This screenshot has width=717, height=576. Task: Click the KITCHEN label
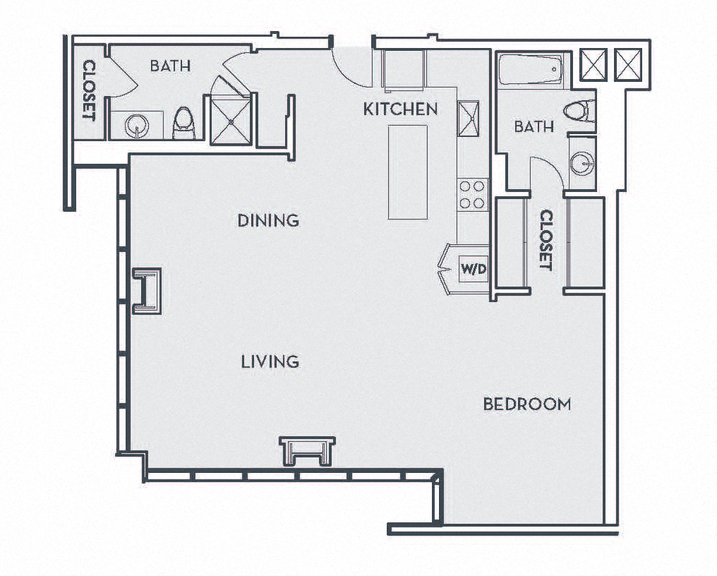pos(400,109)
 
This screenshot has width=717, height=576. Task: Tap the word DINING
pos(268,220)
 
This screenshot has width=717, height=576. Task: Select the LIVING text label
pos(270,362)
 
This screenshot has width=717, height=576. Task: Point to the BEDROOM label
pos(527,404)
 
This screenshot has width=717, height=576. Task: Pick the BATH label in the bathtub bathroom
pos(534,127)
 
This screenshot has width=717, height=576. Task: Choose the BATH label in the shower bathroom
pos(170,66)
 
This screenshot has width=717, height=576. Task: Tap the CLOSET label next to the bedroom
pos(546,239)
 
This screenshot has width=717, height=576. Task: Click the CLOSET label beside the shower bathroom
pos(89,90)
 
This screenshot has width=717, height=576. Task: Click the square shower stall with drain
pos(230,121)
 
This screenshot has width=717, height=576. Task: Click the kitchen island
pos(408,172)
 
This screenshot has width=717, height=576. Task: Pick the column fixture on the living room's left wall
pos(148,290)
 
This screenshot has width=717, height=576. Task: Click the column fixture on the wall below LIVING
pos(307,450)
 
